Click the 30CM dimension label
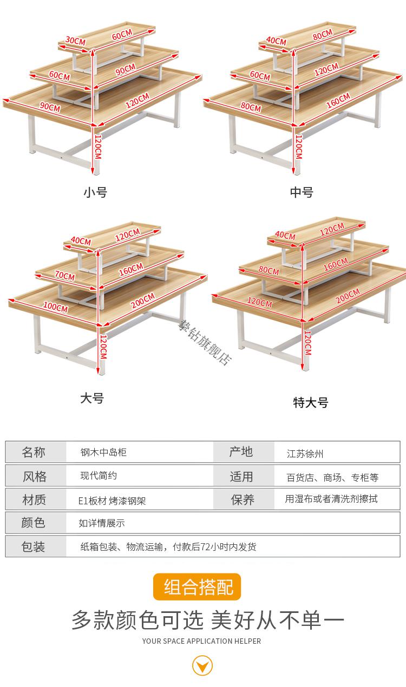coord(75,41)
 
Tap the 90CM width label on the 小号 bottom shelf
coord(50,107)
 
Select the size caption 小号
coord(95,192)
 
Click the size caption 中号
coord(302,192)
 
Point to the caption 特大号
coord(311,402)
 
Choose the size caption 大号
coord(92,398)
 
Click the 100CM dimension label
coord(55,307)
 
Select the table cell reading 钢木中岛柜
coord(103,452)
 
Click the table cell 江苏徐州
coord(305,453)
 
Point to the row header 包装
coord(33,546)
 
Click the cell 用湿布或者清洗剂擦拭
coord(331,499)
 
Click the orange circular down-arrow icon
coord(202,666)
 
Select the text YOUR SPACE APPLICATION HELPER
coord(201,641)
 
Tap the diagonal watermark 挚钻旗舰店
coord(205,343)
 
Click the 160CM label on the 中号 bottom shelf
coord(338,101)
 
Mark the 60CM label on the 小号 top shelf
coord(122,35)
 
